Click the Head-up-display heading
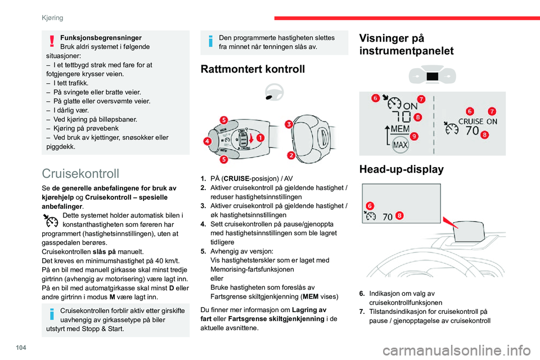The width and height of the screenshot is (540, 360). (x=399, y=169)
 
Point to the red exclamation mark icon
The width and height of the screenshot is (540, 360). (x=52, y=40)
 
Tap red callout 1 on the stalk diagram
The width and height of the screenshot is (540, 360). (x=261, y=137)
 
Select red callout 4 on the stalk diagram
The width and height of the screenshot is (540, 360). (x=207, y=141)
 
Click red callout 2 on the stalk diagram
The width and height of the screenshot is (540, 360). (x=291, y=155)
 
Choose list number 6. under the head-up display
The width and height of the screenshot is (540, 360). (x=362, y=292)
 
